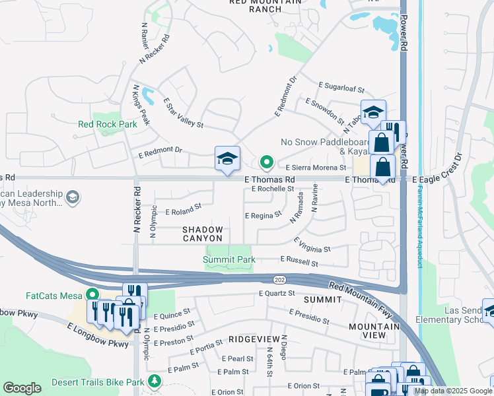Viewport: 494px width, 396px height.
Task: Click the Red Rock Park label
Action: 107,124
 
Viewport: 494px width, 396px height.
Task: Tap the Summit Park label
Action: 229,260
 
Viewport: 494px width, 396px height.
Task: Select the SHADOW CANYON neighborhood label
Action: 203,233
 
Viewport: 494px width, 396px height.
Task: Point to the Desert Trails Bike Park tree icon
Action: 155,381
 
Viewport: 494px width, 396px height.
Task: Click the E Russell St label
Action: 299,262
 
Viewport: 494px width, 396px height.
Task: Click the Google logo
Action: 22,389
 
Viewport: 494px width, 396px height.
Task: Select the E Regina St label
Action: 263,215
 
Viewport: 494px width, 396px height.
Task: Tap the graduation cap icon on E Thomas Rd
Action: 227,158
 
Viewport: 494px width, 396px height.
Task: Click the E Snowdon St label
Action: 324,110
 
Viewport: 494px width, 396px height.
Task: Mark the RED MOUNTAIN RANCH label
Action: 265,3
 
